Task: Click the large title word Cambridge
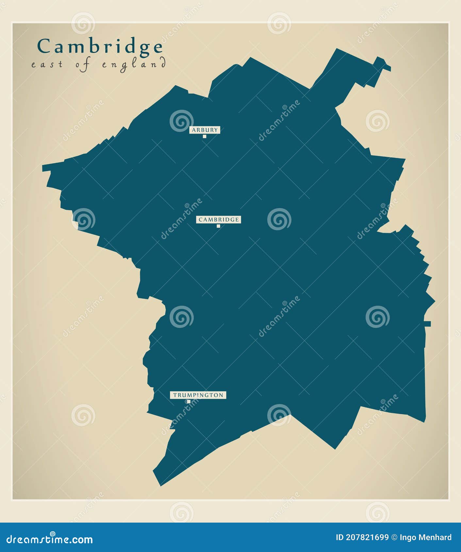coord(100,47)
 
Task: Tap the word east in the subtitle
coord(47,64)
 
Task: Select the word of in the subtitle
coord(83,64)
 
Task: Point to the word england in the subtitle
coord(134,64)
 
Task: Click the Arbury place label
coord(205,130)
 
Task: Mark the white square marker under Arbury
coord(205,137)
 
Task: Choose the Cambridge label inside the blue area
coord(219,219)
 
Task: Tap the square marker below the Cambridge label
coord(218,226)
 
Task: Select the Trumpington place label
coord(198,395)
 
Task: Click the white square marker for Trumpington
coord(189,402)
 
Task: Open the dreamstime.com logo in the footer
coord(50,539)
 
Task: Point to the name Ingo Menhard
coord(426,537)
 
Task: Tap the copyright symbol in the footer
coord(394,537)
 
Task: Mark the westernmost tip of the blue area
coord(43,168)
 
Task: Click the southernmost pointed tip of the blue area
coord(160,485)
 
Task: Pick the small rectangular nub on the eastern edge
coord(428,324)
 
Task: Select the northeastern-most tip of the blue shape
coord(389,69)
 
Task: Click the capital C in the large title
coord(44,46)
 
